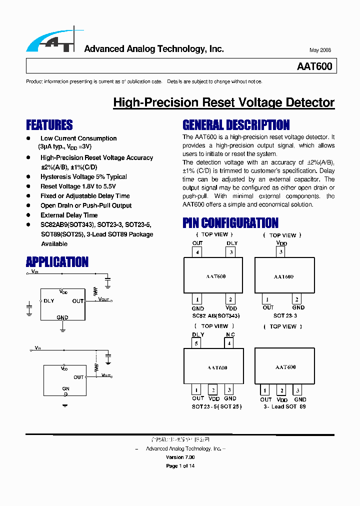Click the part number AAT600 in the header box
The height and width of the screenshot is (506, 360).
(314, 66)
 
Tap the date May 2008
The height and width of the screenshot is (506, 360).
(320, 50)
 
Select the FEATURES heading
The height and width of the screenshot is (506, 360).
(49, 125)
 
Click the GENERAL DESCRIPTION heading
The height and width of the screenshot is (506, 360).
(236, 125)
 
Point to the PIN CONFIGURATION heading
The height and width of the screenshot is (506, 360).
(230, 223)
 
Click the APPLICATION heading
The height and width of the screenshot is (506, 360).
(57, 262)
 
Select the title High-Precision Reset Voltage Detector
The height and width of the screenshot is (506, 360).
(223, 102)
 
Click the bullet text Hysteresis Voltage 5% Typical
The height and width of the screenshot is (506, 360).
(83, 177)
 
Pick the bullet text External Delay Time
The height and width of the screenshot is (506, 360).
(69, 215)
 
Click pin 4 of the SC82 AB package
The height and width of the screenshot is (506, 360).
(198, 252)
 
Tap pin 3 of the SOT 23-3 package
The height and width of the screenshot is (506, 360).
(281, 252)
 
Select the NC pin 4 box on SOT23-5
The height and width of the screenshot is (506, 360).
(229, 343)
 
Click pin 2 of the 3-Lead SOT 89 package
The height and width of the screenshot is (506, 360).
(282, 391)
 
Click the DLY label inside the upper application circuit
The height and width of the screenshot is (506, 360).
(49, 301)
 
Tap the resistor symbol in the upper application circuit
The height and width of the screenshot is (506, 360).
(95, 291)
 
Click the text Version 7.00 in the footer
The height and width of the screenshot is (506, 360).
(180, 457)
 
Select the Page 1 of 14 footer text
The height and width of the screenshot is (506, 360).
(180, 466)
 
